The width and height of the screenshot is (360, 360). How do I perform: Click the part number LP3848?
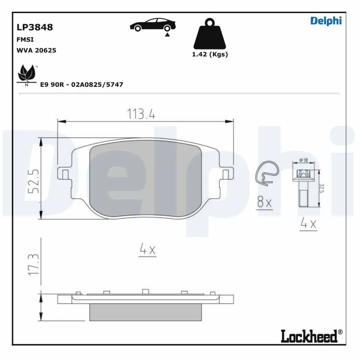coord(34,27)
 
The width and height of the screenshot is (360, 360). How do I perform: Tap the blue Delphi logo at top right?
coord(326,21)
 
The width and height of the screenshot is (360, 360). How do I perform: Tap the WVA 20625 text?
coord(36,50)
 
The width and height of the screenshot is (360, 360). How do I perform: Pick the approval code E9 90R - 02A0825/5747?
coord(81,85)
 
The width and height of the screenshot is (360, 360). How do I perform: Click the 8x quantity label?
coord(264,203)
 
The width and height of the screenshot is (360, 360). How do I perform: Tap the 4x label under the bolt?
coord(309,224)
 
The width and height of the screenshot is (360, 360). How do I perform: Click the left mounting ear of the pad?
coord(64,173)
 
